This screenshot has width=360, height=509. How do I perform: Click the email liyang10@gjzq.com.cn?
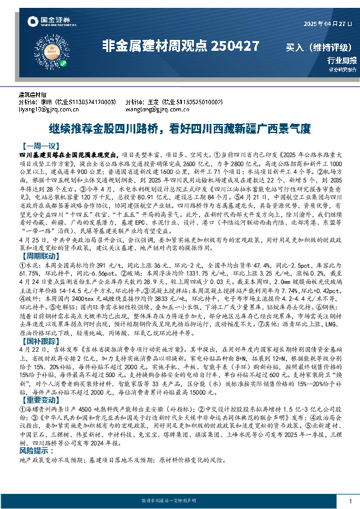(x=50, y=110)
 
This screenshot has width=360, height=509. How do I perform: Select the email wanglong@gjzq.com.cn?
(x=155, y=110)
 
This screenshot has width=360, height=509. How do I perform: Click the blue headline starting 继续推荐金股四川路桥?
(x=179, y=129)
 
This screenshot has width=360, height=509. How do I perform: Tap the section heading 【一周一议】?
(x=40, y=146)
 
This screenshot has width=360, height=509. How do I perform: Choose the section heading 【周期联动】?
(x=40, y=256)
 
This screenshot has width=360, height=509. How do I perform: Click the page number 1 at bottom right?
(x=350, y=501)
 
